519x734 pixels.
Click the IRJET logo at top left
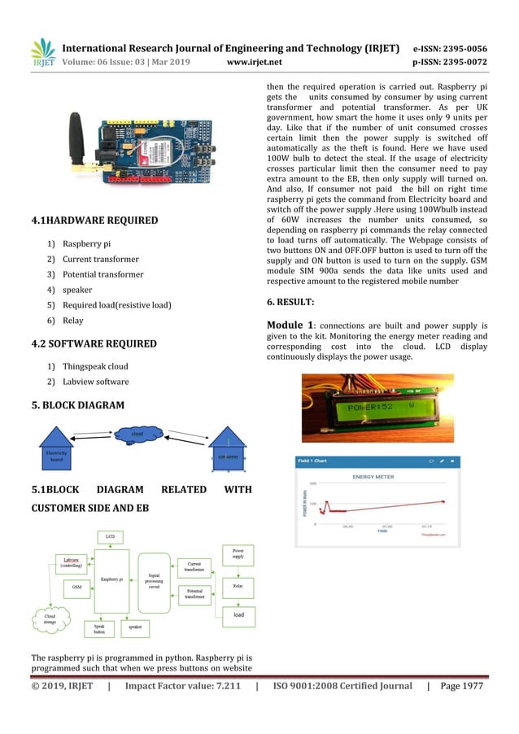[43, 53]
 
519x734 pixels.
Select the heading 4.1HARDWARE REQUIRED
[94, 221]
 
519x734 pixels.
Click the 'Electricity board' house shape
[55, 452]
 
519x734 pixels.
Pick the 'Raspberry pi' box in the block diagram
[111, 579]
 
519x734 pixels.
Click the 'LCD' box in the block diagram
[110, 537]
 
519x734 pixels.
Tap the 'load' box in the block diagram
[238, 615]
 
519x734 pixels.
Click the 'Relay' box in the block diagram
[238, 585]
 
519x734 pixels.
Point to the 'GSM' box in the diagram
[76, 586]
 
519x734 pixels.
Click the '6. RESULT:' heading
[290, 302]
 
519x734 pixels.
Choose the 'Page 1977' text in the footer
[461, 686]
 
